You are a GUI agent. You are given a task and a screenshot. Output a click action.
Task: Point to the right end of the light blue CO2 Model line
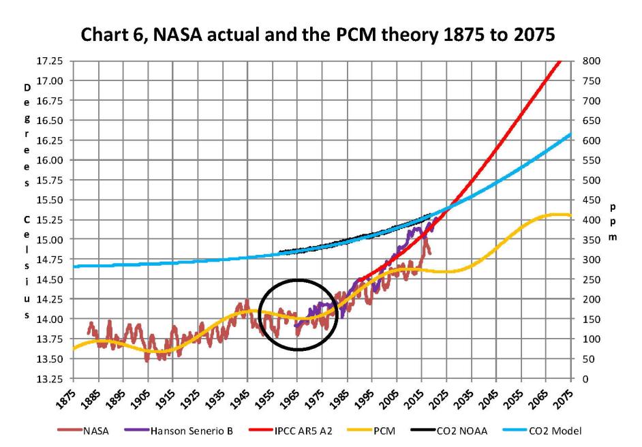[x=570, y=134]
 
